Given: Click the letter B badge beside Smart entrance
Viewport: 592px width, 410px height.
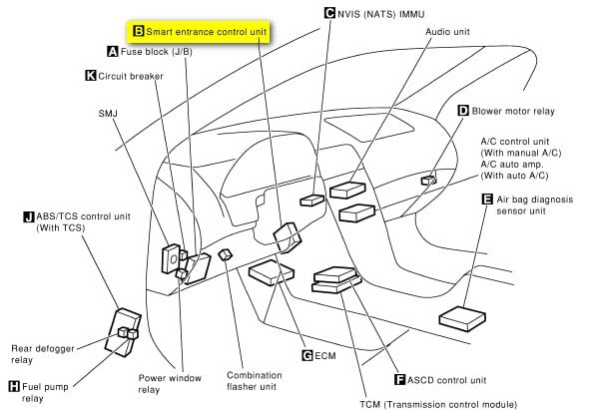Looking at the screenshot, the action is tap(139, 31).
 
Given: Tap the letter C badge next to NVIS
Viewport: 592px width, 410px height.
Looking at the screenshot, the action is tap(329, 13).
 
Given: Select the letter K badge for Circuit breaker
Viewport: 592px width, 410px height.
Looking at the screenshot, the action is tap(91, 76).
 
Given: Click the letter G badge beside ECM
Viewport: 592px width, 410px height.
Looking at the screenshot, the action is tap(307, 355).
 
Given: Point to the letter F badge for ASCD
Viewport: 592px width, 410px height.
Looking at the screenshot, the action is tap(400, 379).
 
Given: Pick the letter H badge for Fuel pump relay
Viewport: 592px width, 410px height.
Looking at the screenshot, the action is tap(14, 386).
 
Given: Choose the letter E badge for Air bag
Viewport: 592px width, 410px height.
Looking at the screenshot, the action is tap(487, 200).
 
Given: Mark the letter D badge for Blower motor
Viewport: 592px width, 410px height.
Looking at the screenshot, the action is tap(463, 111).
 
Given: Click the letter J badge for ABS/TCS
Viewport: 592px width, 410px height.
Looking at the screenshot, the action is tap(29, 216).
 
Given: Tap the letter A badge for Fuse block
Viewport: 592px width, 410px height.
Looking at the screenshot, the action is tap(113, 51).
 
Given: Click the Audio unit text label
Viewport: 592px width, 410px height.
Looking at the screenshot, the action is tap(448, 32).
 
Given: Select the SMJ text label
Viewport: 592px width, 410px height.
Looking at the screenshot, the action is tap(108, 113).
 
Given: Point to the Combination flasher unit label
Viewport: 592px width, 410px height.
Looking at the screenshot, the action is tap(255, 381).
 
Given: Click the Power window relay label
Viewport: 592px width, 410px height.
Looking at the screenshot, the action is tap(170, 384).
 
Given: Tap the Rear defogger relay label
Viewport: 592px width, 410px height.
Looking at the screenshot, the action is tap(43, 354).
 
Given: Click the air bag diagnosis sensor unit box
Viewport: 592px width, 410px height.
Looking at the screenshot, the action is tap(462, 318).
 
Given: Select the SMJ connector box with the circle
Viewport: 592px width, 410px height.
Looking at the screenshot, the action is tap(171, 258).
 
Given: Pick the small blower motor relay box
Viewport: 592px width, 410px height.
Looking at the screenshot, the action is tap(428, 181).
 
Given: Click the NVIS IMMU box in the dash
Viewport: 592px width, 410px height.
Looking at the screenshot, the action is tap(311, 201).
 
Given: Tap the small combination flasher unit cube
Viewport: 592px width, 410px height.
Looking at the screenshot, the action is tap(226, 254).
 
